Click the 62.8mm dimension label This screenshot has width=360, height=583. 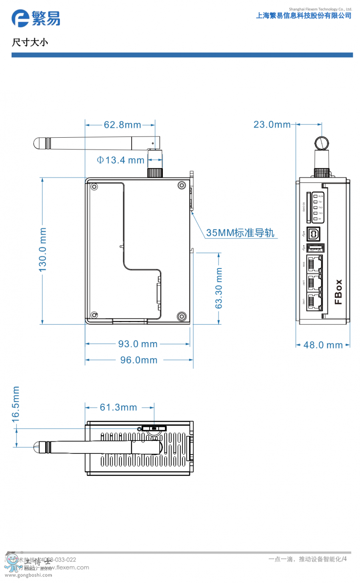[122, 125]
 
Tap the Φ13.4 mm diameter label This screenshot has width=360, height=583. [120, 160]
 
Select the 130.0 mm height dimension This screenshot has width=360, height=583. [43, 250]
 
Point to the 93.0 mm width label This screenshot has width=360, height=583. [138, 344]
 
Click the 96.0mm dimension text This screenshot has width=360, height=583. [139, 360]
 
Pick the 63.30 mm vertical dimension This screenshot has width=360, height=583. [219, 288]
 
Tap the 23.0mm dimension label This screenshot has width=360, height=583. [272, 124]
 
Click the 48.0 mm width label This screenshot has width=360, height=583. [323, 345]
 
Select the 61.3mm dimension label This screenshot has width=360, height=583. [118, 407]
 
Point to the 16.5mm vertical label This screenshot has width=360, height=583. [16, 404]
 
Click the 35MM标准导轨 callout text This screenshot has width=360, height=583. [240, 233]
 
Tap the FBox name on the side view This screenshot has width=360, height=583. [338, 292]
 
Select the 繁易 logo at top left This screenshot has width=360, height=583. [36, 18]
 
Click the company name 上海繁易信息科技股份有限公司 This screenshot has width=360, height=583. [304, 16]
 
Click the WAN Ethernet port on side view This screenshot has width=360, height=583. [314, 264]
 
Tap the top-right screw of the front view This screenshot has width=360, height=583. [182, 185]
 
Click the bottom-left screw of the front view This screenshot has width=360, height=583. [94, 315]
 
